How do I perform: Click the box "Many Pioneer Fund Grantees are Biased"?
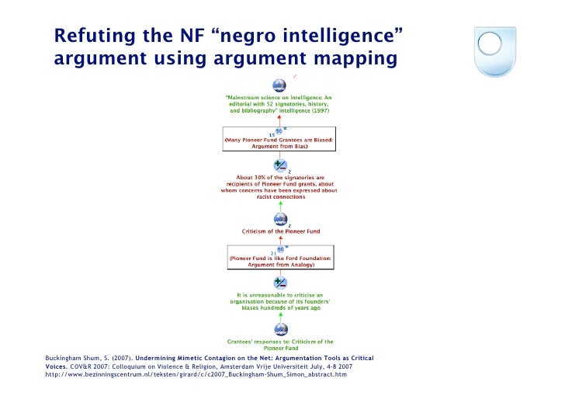point(279,141)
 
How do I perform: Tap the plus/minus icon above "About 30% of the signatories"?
point(279,167)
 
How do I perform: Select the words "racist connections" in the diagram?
point(279,197)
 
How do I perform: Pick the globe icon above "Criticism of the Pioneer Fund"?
point(279,220)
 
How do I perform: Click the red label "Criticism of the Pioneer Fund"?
point(279,231)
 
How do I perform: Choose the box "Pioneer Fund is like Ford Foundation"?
point(279,259)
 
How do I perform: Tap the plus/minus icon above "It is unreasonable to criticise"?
point(279,283)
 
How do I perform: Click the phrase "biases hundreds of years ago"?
point(279,307)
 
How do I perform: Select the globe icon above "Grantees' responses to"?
point(279,329)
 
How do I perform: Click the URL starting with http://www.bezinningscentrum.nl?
point(196,374)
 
